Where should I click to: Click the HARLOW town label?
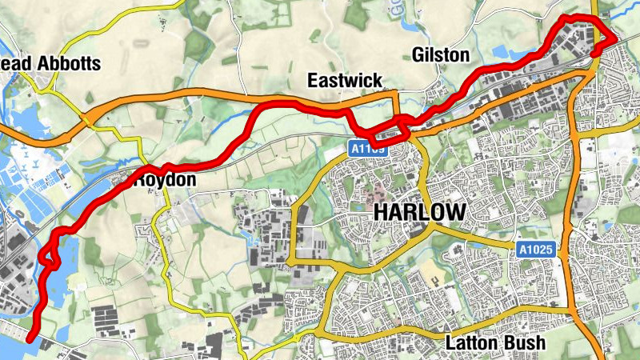pos(419,213)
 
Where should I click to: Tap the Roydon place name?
pos(164,181)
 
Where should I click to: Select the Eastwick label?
pos(346,80)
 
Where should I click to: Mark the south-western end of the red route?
pos(30,338)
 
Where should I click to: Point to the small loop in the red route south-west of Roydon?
pos(51,258)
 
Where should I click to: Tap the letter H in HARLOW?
pos(381,213)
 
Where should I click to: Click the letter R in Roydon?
pos(138,181)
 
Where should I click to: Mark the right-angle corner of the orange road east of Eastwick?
pos(396,95)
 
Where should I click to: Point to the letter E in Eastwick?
pos(314,80)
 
